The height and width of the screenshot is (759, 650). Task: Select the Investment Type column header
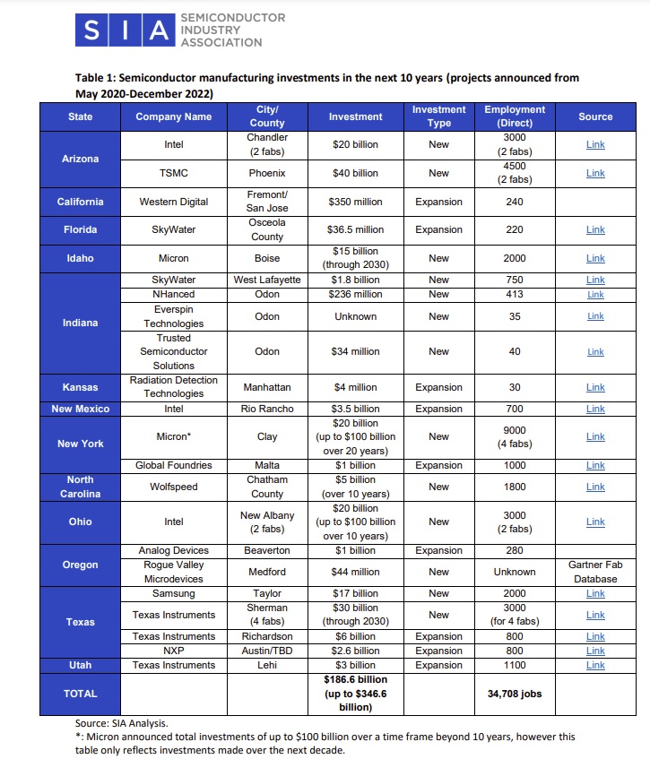(x=438, y=116)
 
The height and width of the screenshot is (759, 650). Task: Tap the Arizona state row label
(x=80, y=159)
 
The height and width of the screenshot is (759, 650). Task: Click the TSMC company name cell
(x=173, y=173)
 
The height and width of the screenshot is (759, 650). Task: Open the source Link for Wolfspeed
(x=595, y=487)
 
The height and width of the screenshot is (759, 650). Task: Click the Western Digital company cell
(x=173, y=202)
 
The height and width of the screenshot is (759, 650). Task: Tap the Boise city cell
(x=267, y=258)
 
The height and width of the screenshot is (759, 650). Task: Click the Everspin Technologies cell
(x=173, y=316)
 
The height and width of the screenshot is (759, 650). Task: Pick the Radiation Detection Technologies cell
(x=173, y=387)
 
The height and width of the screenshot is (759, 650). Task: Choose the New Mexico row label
(x=80, y=409)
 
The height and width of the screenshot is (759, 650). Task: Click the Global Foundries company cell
(x=173, y=466)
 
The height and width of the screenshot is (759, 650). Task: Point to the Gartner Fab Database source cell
(x=595, y=572)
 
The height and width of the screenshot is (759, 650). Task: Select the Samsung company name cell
(x=173, y=593)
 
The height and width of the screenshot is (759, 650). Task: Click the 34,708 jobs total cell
(x=514, y=694)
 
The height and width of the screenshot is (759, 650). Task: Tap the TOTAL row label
(x=80, y=694)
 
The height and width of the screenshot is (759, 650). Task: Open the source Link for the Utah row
(x=595, y=665)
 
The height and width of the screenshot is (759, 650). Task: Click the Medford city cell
(x=267, y=572)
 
